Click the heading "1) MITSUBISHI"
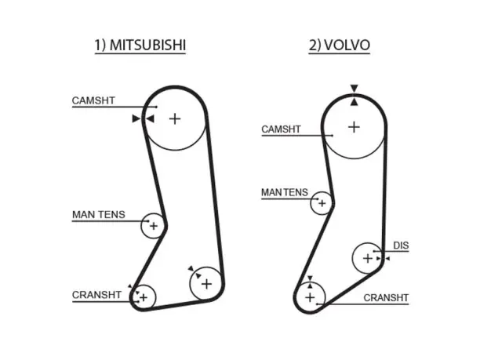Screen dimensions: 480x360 tap(140, 45)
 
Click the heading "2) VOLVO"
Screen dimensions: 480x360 tap(339, 45)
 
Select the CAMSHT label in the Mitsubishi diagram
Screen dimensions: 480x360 tap(93, 100)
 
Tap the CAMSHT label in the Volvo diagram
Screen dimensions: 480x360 tap(281, 129)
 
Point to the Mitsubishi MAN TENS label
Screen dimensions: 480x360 tap(99, 215)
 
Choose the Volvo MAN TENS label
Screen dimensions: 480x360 tap(285, 192)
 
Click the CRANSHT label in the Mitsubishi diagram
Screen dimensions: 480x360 tap(96, 295)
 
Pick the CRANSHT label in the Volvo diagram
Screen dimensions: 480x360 tap(386, 297)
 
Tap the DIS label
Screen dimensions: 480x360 tap(401, 245)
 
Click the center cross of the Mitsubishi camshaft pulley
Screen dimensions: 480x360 tap(175, 118)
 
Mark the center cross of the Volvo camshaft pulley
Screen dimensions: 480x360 tap(354, 127)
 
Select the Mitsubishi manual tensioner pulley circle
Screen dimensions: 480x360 tap(141, 226)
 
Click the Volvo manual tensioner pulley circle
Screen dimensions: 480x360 tap(311, 203)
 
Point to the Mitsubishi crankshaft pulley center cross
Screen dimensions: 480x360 tap(144, 297)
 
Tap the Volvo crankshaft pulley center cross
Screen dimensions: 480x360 tap(310, 297)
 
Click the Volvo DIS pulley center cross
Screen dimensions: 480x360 tap(367, 258)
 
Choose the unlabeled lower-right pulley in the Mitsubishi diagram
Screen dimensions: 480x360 tap(190, 284)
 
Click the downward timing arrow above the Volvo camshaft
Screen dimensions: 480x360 tap(355, 88)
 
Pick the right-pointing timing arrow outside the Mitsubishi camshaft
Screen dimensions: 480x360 tap(136, 118)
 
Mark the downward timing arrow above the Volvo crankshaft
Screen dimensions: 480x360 tap(310, 278)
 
